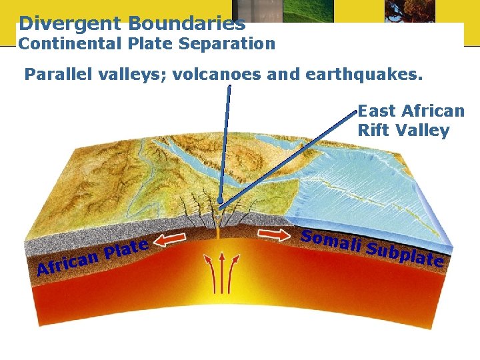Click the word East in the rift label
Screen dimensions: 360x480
tap(377, 111)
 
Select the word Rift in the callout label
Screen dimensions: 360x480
tap(374, 130)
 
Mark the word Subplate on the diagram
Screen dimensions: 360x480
tap(406, 254)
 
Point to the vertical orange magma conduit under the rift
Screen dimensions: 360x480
tap(219, 231)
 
